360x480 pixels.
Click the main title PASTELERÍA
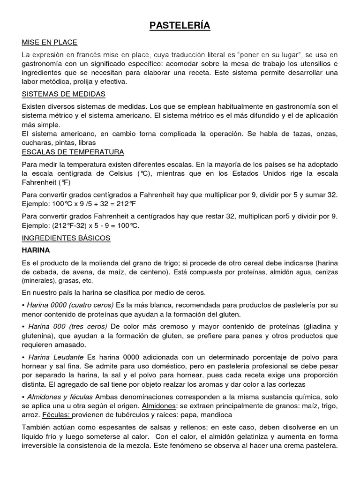click(x=180, y=25)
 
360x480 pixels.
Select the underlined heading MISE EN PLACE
click(x=50, y=43)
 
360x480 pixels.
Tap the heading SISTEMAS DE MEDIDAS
click(x=63, y=94)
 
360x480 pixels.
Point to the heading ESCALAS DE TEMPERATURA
click(x=73, y=152)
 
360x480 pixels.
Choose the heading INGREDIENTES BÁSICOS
click(x=66, y=238)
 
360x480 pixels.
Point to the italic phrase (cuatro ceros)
click(x=90, y=305)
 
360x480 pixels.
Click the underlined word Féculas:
click(x=56, y=415)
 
